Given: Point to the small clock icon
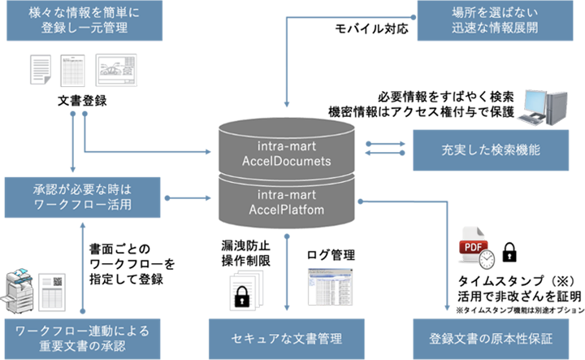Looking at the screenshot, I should coord(487,260).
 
